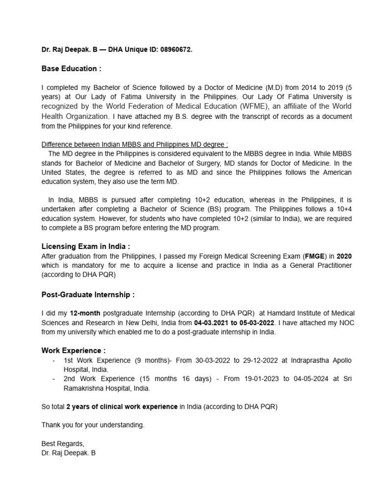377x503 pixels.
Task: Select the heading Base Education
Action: coord(71,68)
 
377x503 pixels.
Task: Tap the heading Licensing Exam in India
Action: coord(85,247)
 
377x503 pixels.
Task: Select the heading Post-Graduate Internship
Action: coord(88,295)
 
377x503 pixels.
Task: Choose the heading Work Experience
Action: coord(73,351)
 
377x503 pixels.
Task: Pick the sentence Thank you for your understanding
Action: coord(93,425)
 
